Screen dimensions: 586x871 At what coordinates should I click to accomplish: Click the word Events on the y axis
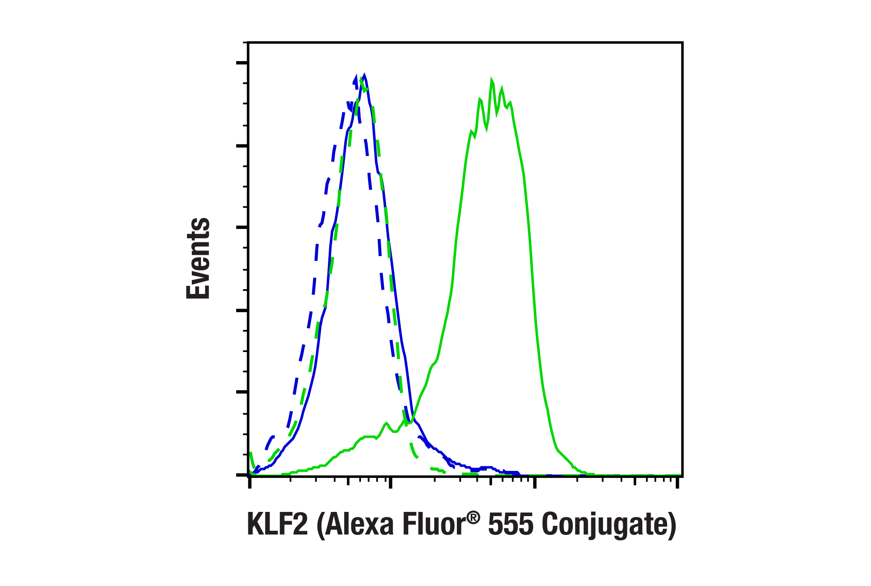(x=198, y=258)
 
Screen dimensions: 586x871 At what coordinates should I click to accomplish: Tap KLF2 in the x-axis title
(x=277, y=524)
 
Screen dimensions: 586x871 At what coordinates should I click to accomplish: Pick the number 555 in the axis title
(x=511, y=524)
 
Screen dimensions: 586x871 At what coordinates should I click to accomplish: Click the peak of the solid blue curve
(x=365, y=76)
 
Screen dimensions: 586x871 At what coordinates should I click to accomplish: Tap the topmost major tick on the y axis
(x=242, y=63)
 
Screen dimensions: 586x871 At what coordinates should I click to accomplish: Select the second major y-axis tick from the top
(x=242, y=146)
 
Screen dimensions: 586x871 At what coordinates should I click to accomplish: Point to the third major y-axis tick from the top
(x=242, y=228)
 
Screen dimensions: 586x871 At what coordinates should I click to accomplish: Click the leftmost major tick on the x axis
(x=250, y=483)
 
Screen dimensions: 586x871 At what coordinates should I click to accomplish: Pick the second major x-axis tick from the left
(x=391, y=483)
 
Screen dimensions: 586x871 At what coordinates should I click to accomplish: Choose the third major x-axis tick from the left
(x=535, y=483)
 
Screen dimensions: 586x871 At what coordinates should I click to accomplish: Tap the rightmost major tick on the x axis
(x=678, y=483)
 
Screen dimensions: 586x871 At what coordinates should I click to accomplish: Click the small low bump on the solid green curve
(x=386, y=423)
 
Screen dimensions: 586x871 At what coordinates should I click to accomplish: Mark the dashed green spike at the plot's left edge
(x=250, y=454)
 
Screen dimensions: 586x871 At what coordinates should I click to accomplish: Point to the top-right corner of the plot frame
(x=683, y=42)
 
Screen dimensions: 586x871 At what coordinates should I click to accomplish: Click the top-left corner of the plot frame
(x=248, y=42)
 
